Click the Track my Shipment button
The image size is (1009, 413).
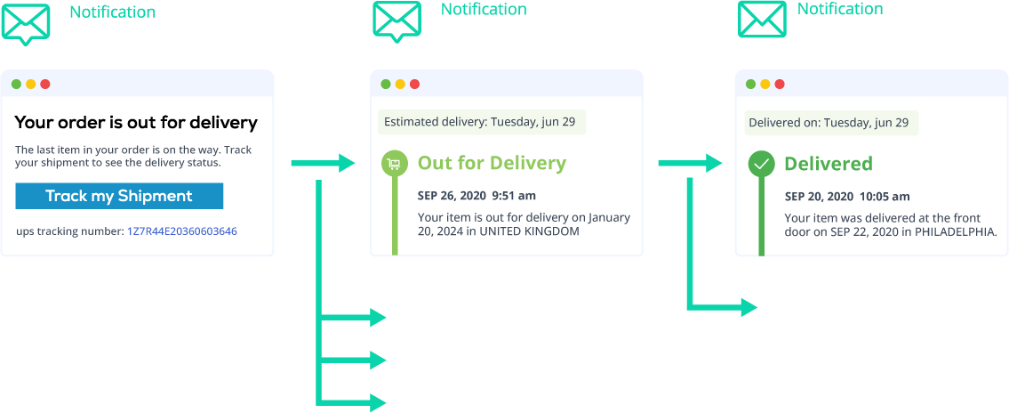coord(119,196)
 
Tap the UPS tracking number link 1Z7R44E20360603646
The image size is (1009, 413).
coord(183,231)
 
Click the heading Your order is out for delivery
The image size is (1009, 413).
coord(136,123)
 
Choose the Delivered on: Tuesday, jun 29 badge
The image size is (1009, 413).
coord(831,123)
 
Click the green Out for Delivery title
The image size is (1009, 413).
coord(492,163)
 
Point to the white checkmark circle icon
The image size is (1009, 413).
coord(761,165)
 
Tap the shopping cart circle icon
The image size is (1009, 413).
coord(394,164)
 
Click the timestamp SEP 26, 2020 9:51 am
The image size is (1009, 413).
coord(476,195)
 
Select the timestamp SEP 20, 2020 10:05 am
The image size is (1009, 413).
coord(847,197)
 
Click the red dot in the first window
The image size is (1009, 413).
coord(45,85)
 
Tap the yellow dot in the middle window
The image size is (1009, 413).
coord(400,85)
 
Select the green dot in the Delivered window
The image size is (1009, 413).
coord(750,85)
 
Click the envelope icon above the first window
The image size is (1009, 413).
coord(25,24)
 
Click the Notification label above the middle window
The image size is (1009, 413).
coord(484,9)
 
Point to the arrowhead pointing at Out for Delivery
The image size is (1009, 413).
coord(346,164)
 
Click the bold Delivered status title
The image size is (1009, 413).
coord(829,164)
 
